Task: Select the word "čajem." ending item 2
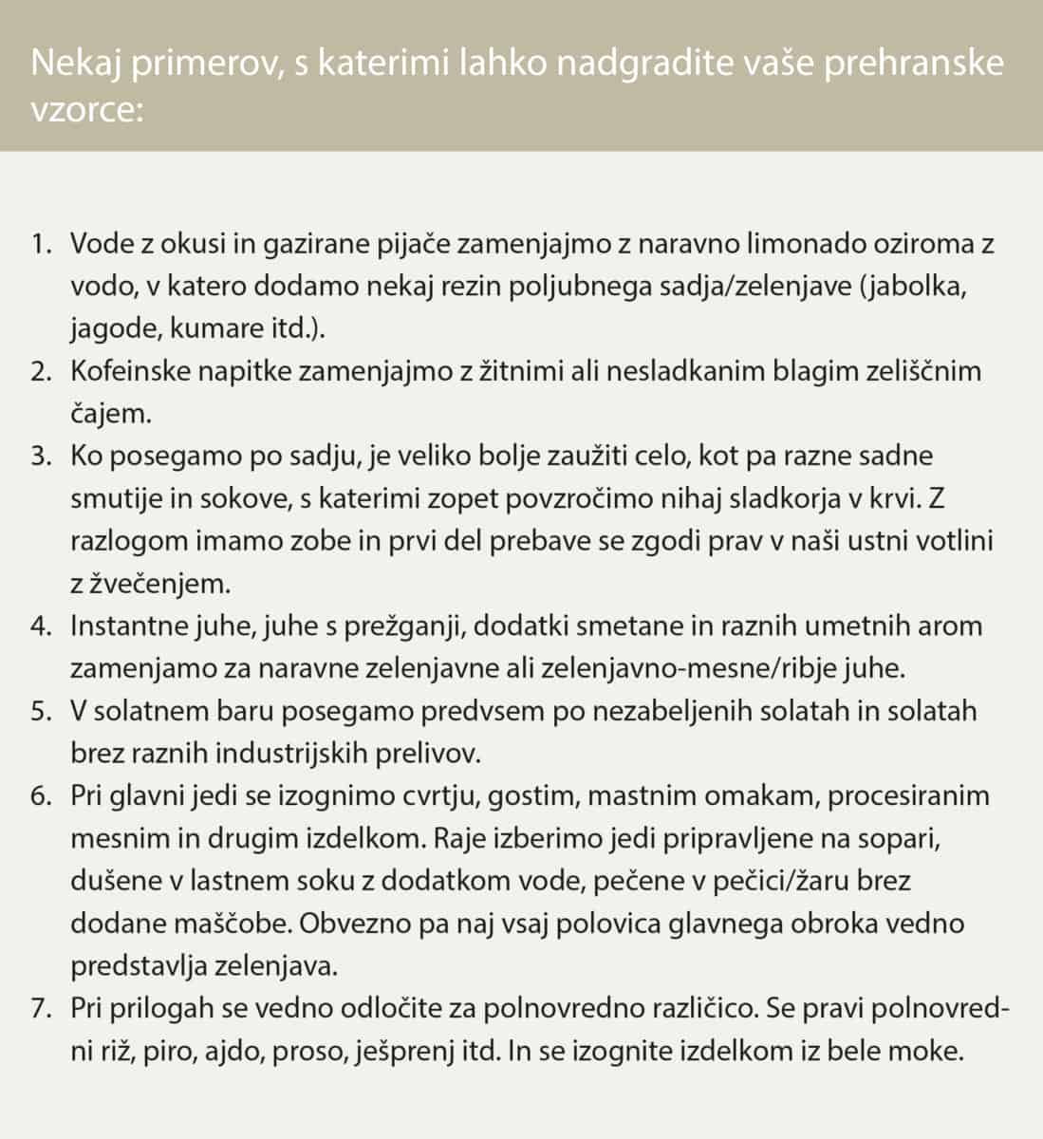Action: point(110,413)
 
